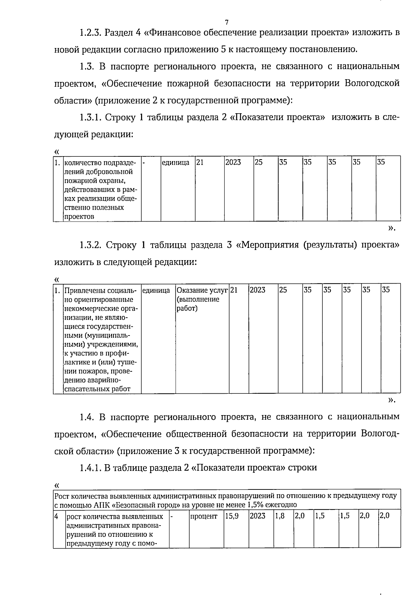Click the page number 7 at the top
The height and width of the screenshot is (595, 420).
pos(226,22)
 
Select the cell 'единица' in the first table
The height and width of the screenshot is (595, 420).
pos(175,163)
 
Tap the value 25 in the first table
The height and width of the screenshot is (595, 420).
pos(259,163)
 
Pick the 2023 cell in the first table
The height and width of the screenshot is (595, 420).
pos(233,163)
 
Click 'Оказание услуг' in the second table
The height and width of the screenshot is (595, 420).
pos(202,290)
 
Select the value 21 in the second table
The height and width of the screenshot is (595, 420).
pos(234,290)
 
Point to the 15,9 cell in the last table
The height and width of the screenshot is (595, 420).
pos(232,516)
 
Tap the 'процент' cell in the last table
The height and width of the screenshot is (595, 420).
pos(204,516)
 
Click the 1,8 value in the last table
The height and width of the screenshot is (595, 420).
pos(280,516)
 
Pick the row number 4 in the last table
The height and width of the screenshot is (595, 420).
pos(56,516)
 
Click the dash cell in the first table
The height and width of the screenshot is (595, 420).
pos(144,163)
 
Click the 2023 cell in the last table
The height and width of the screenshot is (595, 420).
pos(258,516)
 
